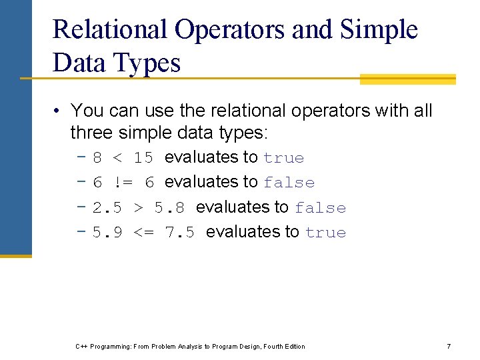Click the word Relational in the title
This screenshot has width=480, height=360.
pos(110,29)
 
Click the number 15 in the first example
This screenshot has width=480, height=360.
pos(143,158)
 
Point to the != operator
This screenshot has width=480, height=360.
pos(124,183)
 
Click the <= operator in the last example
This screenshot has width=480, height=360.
pos(145,233)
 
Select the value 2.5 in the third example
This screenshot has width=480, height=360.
pos(107,208)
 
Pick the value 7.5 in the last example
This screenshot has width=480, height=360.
pos(180,233)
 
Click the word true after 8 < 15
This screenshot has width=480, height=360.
pos(283,158)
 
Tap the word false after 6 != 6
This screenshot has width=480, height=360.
pos(289,183)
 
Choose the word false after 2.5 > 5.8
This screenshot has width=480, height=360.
pos(320,208)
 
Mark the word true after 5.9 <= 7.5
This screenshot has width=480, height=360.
pos(325,233)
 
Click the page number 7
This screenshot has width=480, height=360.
pos(449,347)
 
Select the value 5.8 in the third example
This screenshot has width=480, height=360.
pos(170,208)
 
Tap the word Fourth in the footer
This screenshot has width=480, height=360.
pos(272,347)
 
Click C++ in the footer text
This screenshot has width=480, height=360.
pos(81,347)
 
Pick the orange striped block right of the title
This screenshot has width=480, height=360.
pos(407,79)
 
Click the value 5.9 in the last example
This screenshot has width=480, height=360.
pos(107,233)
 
